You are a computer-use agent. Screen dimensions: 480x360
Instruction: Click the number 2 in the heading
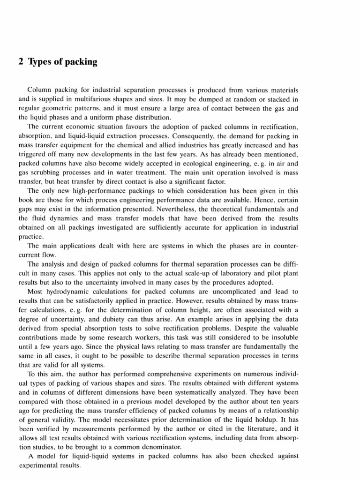pos(21,62)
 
